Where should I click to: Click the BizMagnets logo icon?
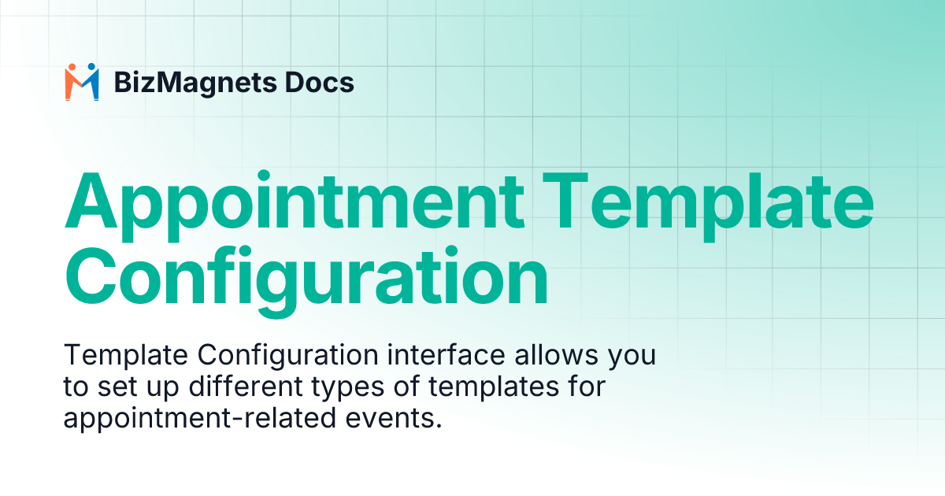[x=82, y=82]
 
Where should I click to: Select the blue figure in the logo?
[x=91, y=82]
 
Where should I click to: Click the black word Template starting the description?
[x=126, y=357]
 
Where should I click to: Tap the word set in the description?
[x=116, y=388]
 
